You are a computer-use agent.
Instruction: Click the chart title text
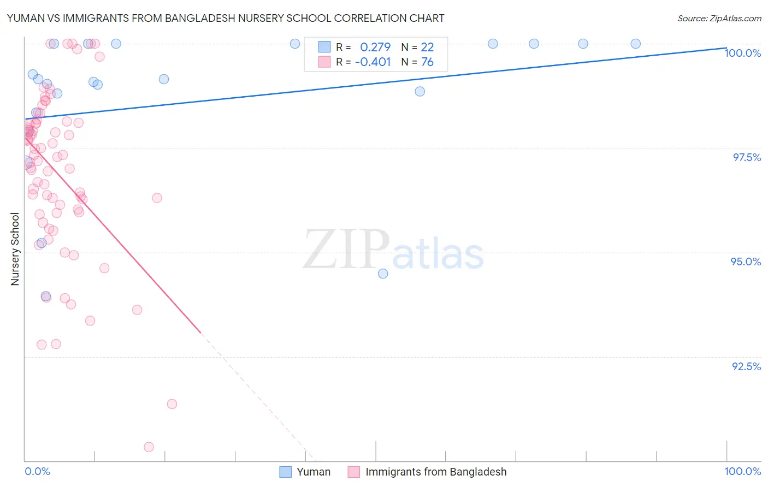click(226, 18)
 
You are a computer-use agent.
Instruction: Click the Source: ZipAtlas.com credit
click(719, 18)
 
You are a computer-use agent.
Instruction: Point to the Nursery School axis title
click(15, 248)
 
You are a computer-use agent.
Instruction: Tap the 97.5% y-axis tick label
click(746, 157)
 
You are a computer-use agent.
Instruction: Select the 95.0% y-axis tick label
click(746, 262)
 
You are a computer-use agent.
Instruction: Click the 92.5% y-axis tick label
click(746, 366)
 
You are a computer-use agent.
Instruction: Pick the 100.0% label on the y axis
click(742, 53)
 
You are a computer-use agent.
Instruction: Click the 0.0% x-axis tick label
click(37, 471)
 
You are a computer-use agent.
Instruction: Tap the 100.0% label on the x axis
click(742, 471)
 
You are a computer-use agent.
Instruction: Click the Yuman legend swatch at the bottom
click(285, 472)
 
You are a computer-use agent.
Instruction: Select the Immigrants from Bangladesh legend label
click(436, 472)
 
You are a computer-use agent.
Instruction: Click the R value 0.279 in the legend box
click(375, 47)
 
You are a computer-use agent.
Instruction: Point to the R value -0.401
click(373, 62)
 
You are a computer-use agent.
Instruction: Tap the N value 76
click(427, 62)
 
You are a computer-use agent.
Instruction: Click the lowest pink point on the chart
click(149, 447)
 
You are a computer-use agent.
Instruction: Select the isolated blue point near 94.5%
click(383, 274)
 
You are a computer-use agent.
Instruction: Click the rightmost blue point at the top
click(635, 44)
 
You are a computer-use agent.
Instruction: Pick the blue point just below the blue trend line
click(420, 91)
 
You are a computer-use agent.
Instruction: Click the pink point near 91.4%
click(172, 404)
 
